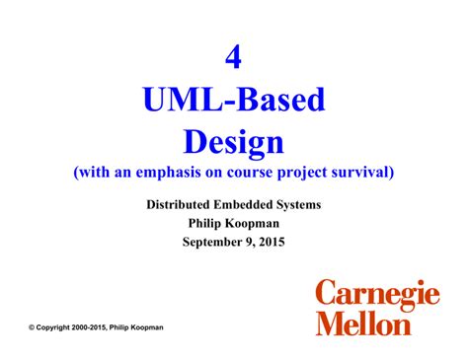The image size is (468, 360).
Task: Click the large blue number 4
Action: click(x=234, y=59)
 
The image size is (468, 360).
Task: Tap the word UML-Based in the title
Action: click(x=234, y=101)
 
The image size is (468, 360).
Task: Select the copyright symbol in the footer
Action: click(x=33, y=325)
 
